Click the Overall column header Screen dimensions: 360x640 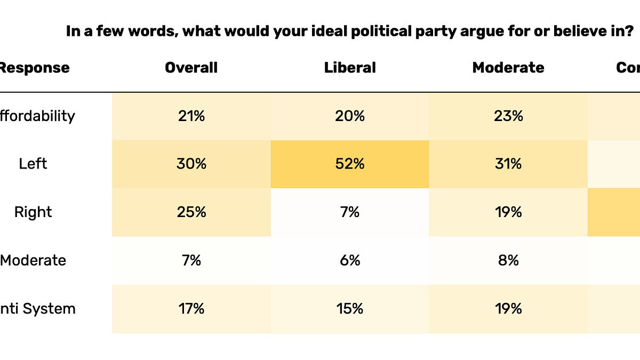191,68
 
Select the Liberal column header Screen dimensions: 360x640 350,68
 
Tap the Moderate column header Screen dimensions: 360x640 508,68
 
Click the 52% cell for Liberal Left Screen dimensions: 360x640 350,164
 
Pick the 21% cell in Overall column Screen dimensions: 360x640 191,116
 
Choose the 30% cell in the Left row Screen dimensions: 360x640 191,164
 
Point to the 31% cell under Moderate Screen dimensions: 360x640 508,164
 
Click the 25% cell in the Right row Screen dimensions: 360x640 191,212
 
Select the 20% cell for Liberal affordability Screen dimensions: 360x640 350,116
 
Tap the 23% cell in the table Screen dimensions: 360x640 508,116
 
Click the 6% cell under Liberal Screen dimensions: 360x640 350,260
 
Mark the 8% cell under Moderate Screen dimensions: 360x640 508,260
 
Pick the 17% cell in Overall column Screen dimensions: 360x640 191,309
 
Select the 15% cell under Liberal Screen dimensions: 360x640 350,309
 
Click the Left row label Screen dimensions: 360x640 33,164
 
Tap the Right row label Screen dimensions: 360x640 33,212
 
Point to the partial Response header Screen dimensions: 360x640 34,68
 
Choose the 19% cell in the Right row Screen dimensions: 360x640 508,212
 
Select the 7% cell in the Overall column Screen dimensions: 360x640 191,260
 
